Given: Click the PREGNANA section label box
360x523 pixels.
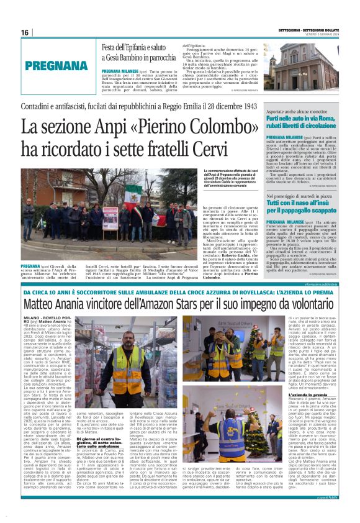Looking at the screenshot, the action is (x=52, y=66).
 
